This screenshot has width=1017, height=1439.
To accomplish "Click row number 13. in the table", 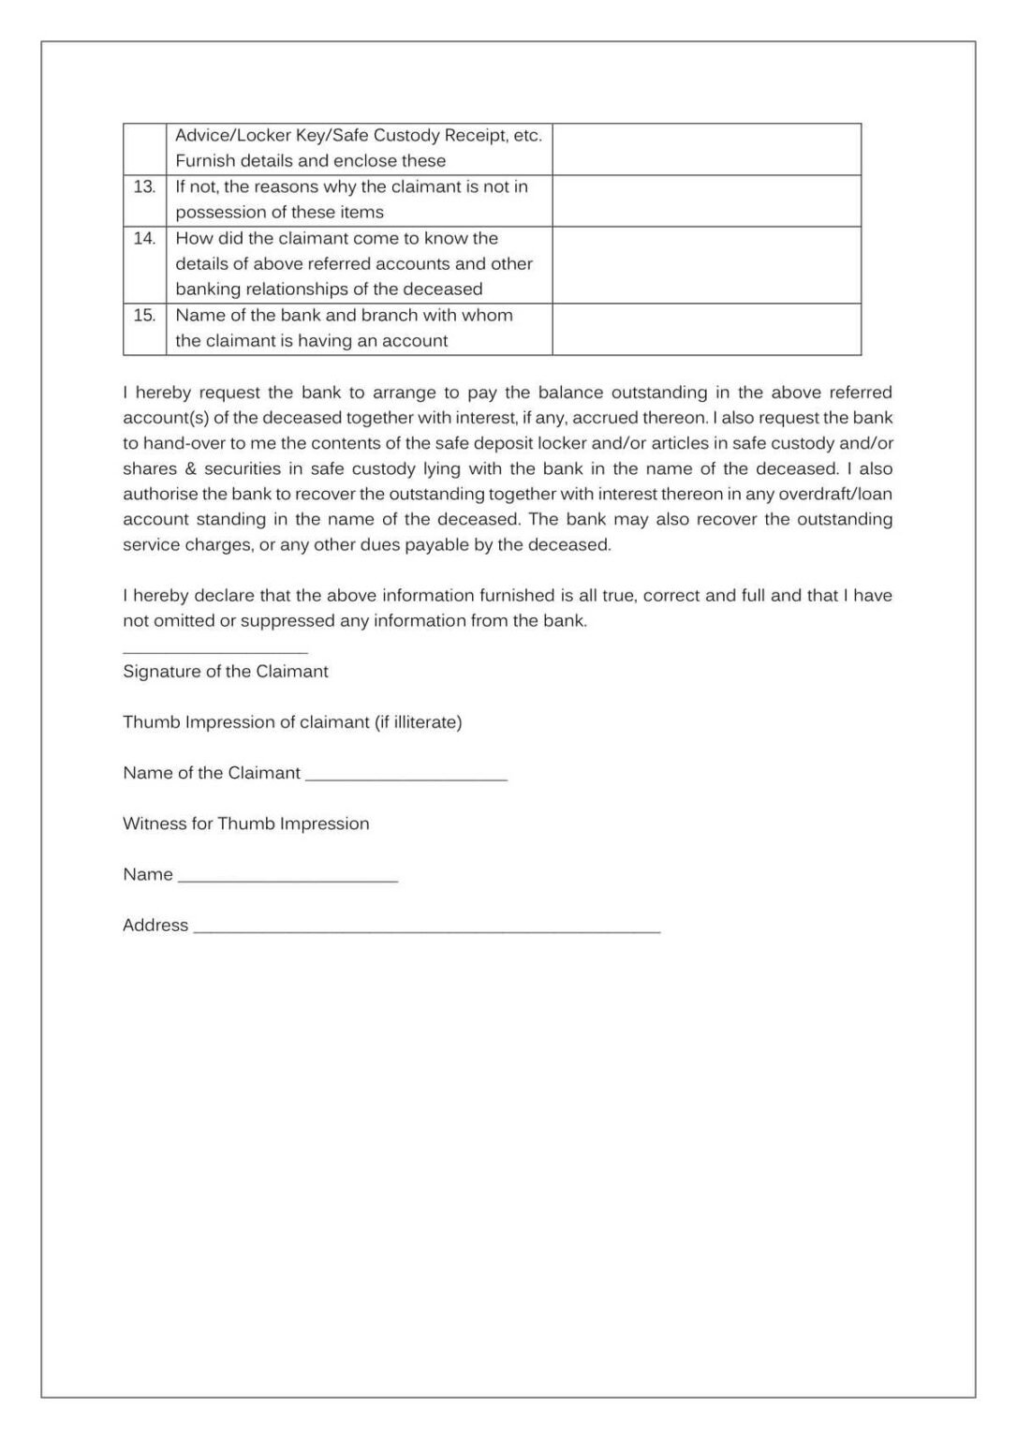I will point(144,187).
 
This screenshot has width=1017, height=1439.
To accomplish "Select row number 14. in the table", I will point(144,239).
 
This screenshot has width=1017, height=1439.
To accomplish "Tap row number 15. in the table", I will point(144,316).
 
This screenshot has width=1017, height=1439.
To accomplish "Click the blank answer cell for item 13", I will point(706,200).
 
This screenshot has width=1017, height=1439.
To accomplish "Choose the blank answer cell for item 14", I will point(706,264).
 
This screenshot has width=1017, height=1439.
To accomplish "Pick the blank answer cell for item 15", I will point(706,329).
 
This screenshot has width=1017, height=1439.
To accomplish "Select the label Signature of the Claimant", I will point(225,672).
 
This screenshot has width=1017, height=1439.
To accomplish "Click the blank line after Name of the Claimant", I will point(405,779).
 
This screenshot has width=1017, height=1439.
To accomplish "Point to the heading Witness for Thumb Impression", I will point(245,823).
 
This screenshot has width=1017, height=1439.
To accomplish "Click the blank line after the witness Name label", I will point(287,880).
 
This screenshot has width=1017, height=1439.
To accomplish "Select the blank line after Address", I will point(426,930).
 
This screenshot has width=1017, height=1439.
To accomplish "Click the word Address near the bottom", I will point(155,926).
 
